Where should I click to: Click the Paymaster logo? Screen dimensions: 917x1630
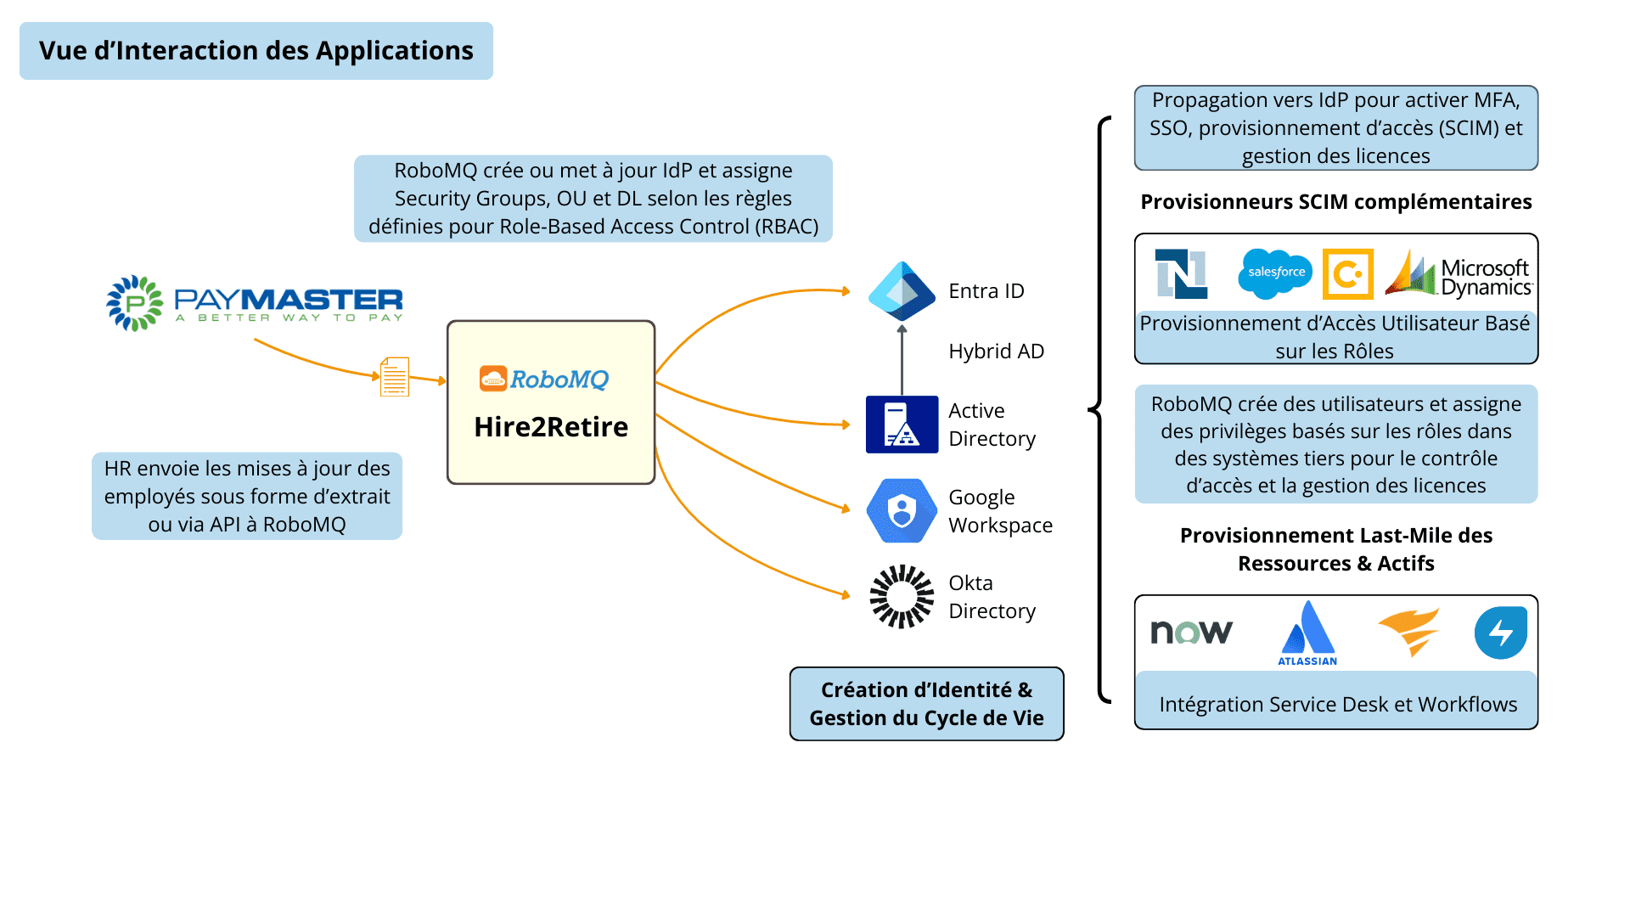255,303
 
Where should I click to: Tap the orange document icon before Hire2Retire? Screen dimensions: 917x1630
395,376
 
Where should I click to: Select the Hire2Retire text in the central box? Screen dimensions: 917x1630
551,427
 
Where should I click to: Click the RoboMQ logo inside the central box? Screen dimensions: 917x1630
544,379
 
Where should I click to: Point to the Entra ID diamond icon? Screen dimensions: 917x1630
902,290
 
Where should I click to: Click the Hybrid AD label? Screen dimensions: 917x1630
996,352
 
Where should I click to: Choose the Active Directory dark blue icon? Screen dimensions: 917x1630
902,425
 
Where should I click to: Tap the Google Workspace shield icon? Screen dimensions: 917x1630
902,510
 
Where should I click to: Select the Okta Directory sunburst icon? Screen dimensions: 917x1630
902,596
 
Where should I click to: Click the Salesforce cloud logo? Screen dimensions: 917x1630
1275,273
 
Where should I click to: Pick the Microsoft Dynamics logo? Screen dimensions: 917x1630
1458,275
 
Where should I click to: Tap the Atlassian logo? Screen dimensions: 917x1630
1307,633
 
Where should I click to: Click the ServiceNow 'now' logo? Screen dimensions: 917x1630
1191,632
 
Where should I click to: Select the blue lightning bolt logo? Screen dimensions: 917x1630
1500,633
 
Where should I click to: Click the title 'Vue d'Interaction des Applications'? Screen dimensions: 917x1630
256,51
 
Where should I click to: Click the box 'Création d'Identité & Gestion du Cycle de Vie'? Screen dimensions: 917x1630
926,704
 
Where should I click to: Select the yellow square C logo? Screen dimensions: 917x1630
1347,274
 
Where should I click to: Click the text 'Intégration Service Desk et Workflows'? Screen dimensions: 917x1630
1337,705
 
